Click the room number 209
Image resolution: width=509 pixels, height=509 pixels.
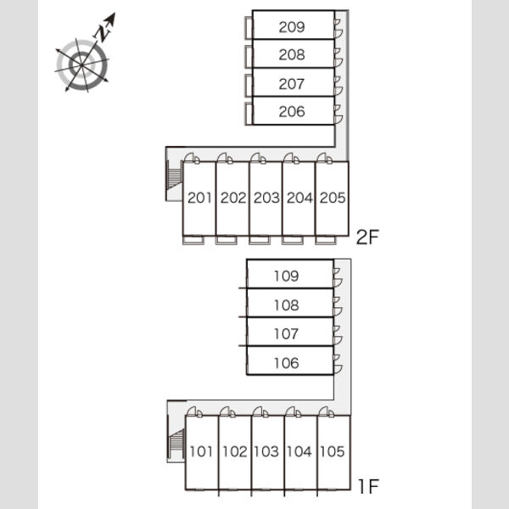(292, 27)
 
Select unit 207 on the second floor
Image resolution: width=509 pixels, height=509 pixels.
(292, 84)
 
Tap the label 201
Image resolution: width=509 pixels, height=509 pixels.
(199, 198)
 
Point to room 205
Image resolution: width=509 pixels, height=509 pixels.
(333, 198)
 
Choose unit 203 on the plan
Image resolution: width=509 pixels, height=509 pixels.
(266, 198)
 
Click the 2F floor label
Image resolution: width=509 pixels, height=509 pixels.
(367, 237)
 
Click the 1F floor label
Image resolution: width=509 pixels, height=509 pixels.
(368, 486)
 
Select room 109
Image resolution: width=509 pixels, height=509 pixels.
(286, 277)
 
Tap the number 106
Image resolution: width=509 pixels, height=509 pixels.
(286, 363)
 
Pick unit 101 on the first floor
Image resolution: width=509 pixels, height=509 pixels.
(201, 451)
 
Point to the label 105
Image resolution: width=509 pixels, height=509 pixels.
(332, 451)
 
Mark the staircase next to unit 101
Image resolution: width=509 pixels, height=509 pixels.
(176, 443)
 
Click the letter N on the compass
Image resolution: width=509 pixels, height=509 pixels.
(103, 32)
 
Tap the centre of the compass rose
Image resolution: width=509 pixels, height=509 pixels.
(81, 65)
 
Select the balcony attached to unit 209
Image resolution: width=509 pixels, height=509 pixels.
(249, 28)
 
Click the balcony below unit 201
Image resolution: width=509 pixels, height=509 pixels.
(193, 240)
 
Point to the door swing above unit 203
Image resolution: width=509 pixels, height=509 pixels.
(259, 158)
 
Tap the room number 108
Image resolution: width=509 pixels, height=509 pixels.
(286, 305)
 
